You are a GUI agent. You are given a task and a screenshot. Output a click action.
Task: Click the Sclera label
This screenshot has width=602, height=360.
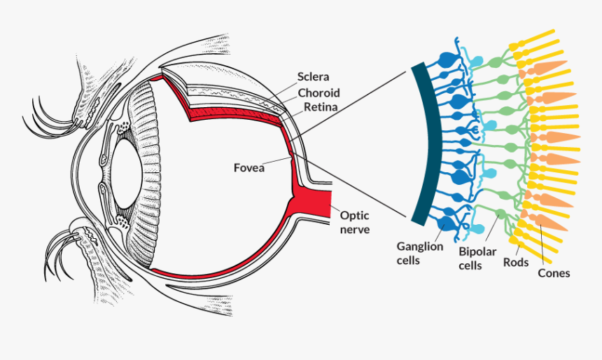point(313,76)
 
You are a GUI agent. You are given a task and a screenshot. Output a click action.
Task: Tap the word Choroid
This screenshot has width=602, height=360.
point(318,92)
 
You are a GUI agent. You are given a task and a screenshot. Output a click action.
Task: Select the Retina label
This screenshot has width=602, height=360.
point(321,108)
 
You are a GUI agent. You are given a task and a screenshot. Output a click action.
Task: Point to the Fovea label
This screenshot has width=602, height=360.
point(249,167)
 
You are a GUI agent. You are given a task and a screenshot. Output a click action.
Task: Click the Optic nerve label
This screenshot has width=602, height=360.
point(355,222)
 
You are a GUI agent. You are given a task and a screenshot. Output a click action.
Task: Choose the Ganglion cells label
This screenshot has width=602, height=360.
point(420,253)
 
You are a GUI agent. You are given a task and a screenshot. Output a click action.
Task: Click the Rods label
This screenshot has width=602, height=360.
point(516,263)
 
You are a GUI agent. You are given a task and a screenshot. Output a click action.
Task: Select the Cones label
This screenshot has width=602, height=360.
point(554,273)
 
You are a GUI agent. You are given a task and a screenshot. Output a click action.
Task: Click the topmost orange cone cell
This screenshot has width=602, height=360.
point(549,67)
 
